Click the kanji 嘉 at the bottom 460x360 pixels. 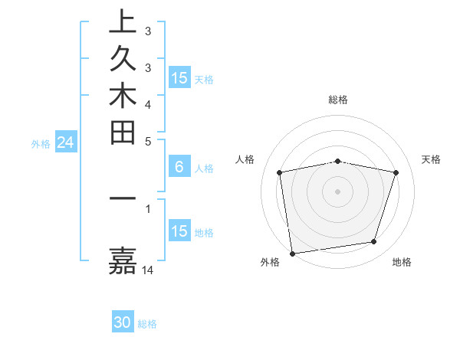pyautogui.click(x=123, y=260)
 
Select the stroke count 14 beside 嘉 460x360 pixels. pyautogui.click(x=149, y=270)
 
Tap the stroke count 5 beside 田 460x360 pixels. pyautogui.click(x=148, y=141)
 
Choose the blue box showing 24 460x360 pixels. pyautogui.click(x=66, y=142)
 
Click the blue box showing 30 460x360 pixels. pyautogui.click(x=123, y=322)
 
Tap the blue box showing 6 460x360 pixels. pyautogui.click(x=179, y=167)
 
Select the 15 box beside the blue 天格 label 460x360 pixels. pyautogui.click(x=179, y=77)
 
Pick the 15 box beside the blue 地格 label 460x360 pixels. pyautogui.click(x=179, y=231)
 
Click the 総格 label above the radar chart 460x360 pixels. pyautogui.click(x=338, y=100)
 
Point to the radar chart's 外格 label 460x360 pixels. pyautogui.click(x=270, y=262)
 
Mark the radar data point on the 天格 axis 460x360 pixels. pyautogui.click(x=396, y=173)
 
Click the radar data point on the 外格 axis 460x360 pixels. pyautogui.click(x=292, y=252)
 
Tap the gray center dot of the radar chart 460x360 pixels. pyautogui.click(x=338, y=191)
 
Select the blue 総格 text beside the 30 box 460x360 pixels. pyautogui.click(x=147, y=324)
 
